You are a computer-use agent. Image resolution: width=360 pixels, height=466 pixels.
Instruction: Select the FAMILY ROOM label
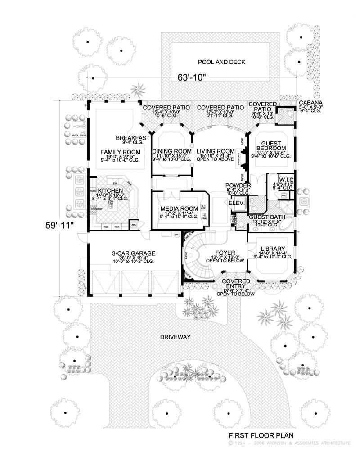[120, 152]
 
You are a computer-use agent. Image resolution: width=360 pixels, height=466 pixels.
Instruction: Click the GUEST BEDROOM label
[271, 145]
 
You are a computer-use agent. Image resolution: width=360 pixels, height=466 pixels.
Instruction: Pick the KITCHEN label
[111, 191]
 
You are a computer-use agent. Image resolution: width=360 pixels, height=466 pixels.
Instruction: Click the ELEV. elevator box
[237, 203]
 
